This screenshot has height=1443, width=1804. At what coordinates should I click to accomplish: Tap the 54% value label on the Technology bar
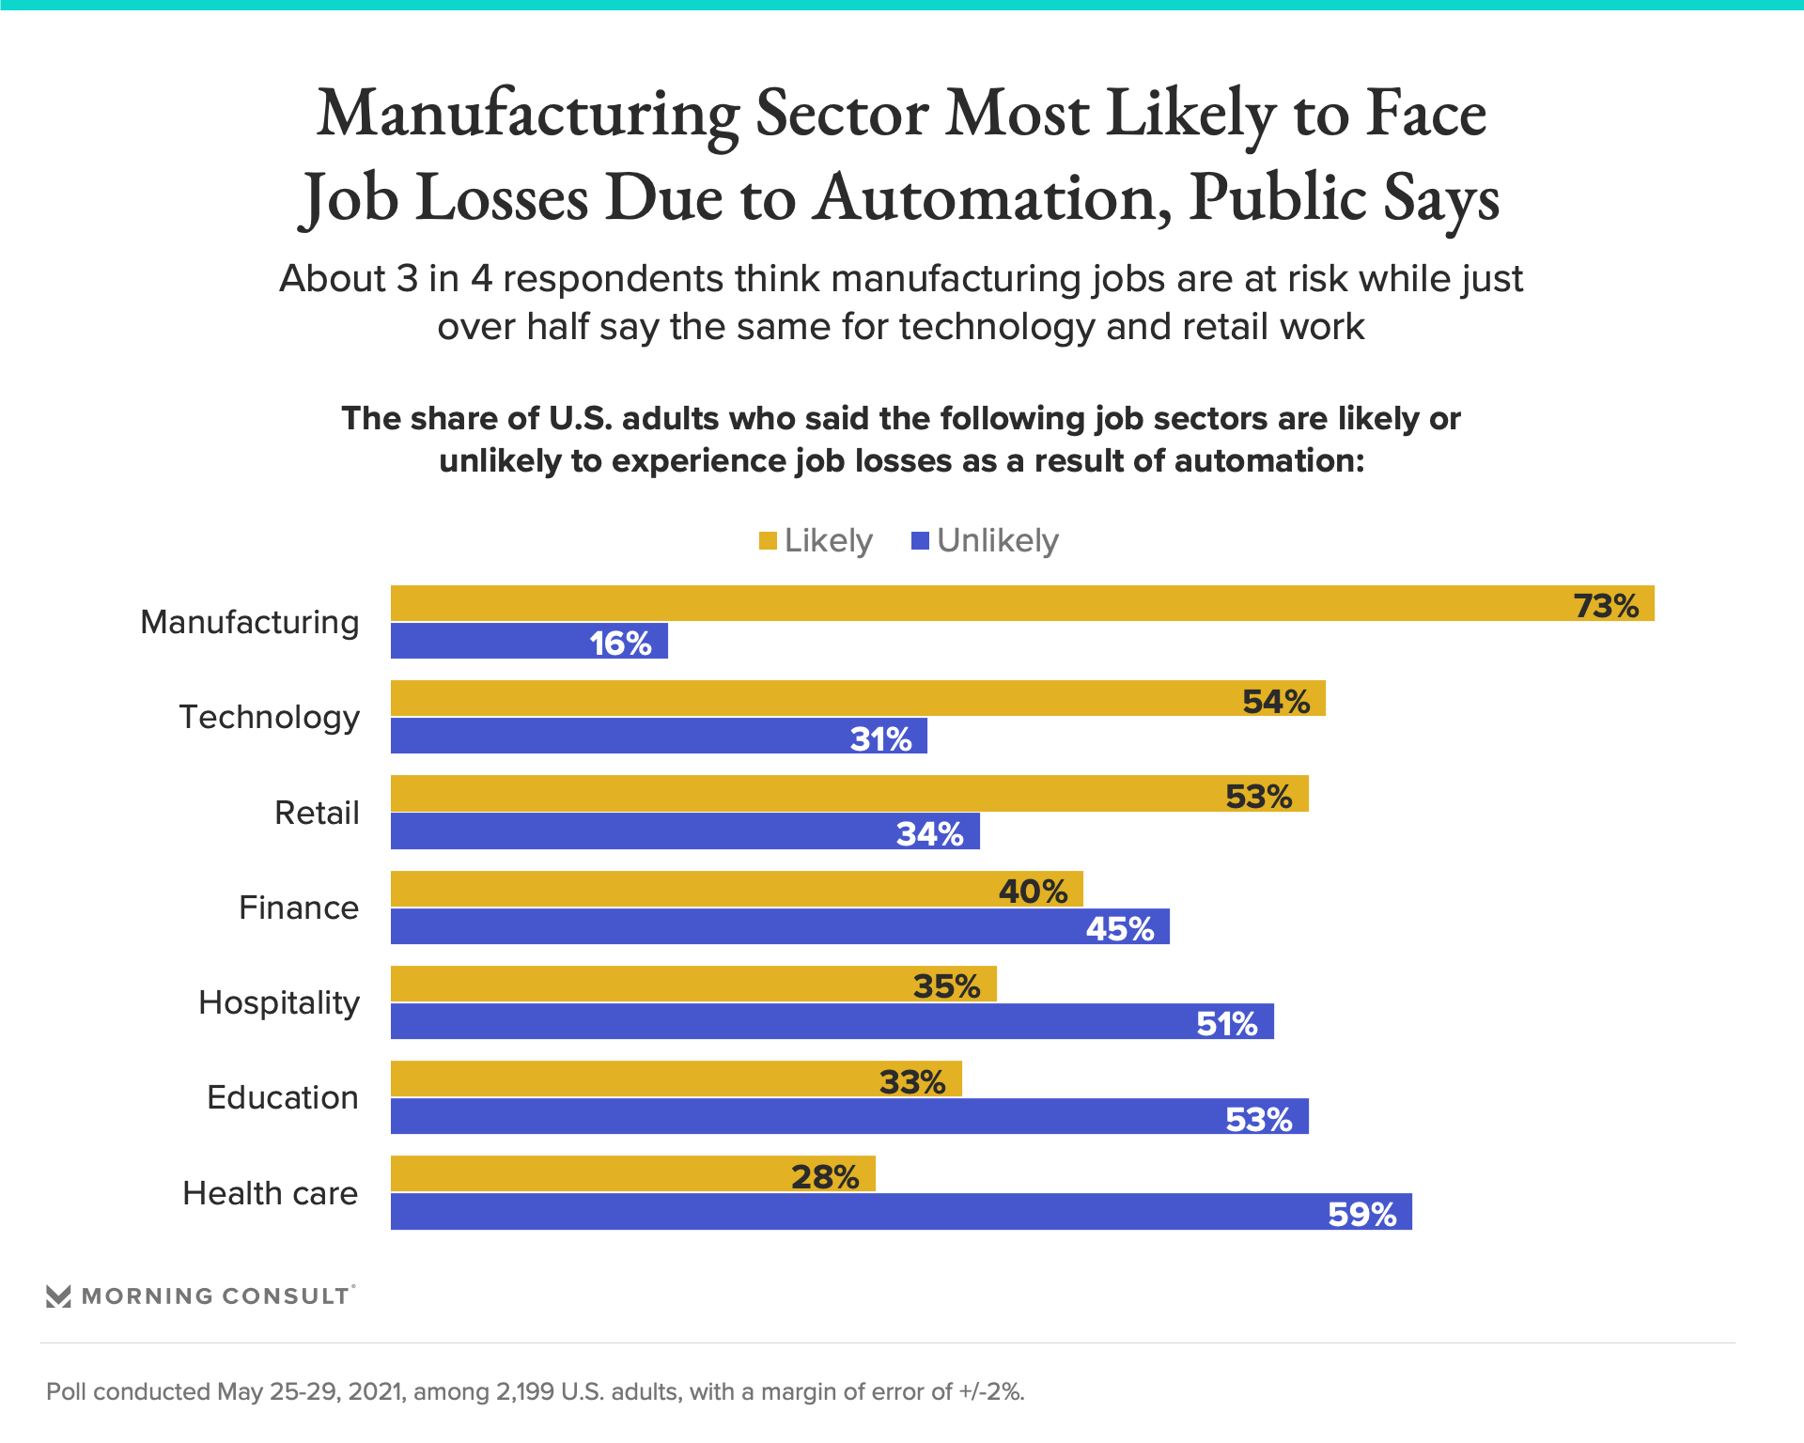click(x=1275, y=701)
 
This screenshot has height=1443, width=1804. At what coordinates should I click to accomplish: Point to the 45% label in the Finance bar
click(x=1119, y=928)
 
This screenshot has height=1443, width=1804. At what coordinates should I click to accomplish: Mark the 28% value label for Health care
click(x=824, y=1176)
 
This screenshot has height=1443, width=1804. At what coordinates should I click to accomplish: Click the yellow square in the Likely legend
click(x=768, y=540)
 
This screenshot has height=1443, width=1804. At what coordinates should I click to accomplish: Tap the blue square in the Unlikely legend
click(x=921, y=540)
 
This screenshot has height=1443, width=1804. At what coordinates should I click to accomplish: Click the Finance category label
click(x=299, y=908)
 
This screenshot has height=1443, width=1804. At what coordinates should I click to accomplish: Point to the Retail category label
click(x=317, y=813)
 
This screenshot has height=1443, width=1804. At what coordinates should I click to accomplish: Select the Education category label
click(x=283, y=1097)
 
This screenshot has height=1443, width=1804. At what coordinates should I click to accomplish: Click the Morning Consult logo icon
click(x=58, y=1296)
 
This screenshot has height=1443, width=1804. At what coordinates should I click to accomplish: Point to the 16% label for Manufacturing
click(x=620, y=644)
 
